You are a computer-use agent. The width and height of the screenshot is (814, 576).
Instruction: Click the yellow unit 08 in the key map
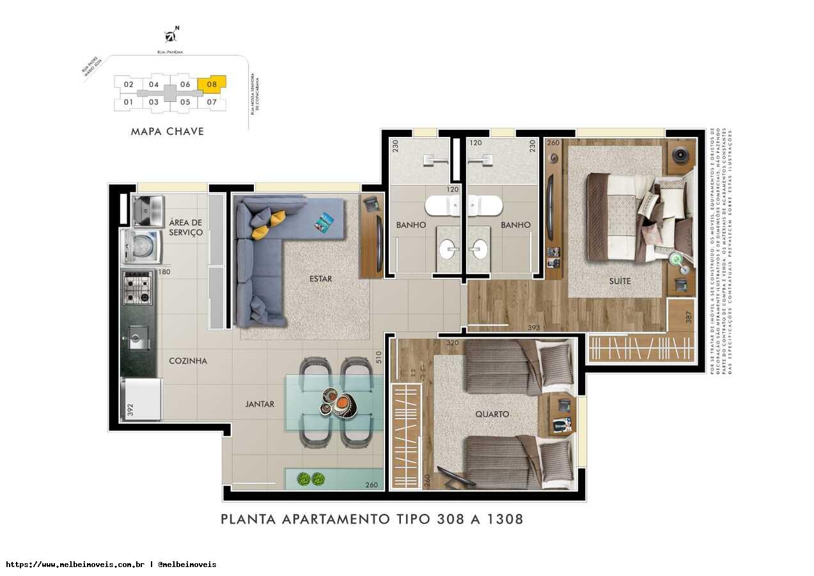[x=212, y=84]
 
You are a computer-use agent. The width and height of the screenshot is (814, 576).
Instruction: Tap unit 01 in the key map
[x=129, y=102]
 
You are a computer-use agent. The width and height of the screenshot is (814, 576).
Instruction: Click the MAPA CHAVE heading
[x=168, y=131]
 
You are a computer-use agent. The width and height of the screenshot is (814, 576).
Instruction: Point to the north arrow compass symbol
[x=171, y=35]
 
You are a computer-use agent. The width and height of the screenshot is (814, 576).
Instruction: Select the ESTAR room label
[x=320, y=279]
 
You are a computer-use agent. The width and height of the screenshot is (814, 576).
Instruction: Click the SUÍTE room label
[x=620, y=281]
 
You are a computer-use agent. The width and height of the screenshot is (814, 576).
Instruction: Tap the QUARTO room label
[x=492, y=414]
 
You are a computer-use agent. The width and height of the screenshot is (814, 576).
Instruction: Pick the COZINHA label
[x=188, y=361]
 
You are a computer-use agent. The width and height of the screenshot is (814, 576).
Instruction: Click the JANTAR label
[x=260, y=404]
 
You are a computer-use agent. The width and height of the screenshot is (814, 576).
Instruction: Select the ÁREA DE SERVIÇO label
[x=186, y=227]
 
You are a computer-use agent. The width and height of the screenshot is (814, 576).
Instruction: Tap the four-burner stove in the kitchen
[x=137, y=287]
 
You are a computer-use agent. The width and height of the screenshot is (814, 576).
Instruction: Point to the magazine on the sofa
[x=324, y=222]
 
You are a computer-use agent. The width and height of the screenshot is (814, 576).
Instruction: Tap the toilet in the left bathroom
[x=442, y=206]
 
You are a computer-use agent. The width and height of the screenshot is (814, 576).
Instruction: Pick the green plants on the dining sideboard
[x=311, y=478]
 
